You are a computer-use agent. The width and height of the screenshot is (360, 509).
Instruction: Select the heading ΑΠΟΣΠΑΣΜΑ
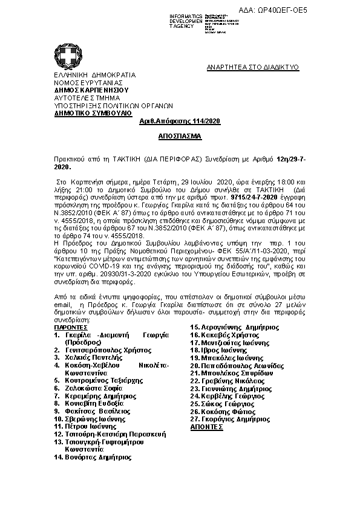[x=180, y=137]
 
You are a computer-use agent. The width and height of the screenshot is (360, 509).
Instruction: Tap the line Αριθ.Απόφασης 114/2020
[x=180, y=122]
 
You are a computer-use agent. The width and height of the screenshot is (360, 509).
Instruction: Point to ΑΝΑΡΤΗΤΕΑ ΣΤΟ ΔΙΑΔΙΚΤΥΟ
[x=253, y=67]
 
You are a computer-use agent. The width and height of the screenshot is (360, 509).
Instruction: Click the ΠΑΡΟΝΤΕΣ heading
[x=71, y=327]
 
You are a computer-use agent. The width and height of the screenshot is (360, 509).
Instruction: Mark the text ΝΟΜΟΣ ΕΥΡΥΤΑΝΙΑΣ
[x=88, y=82]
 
